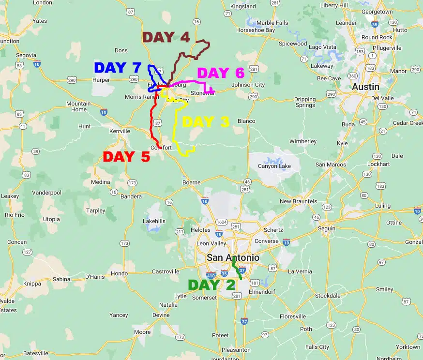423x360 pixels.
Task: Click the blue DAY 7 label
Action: [117, 68]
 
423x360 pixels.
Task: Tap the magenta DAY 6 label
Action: [220, 73]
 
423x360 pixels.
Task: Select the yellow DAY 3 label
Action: [205, 122]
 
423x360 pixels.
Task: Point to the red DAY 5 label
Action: [126, 157]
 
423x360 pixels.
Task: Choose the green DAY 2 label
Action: [211, 285]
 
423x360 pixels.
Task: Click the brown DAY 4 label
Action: [166, 37]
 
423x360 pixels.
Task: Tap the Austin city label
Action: [365, 87]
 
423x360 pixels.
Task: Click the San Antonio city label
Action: [232, 258]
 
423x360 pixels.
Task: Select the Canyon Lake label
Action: [274, 166]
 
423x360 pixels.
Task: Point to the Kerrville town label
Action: [120, 131]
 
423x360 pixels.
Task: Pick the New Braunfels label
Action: [298, 201]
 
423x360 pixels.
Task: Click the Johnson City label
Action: [248, 85]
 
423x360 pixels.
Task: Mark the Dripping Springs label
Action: [305, 102]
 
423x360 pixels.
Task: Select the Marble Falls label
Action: [272, 23]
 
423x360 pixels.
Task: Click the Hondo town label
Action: [120, 273]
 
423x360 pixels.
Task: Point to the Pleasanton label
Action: [236, 349]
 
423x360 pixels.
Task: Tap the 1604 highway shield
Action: [221, 222]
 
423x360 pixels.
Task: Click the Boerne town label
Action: [191, 182]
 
